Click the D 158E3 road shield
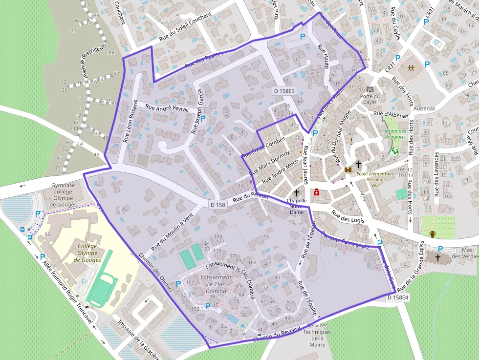tap(284, 91)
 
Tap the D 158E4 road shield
tap(397, 297)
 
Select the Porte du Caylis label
tap(370, 99)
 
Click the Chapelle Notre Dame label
tap(297, 206)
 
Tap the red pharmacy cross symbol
tap(316, 193)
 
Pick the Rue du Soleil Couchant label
tap(185, 27)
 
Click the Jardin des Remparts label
tap(395, 134)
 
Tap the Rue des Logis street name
tap(349, 217)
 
